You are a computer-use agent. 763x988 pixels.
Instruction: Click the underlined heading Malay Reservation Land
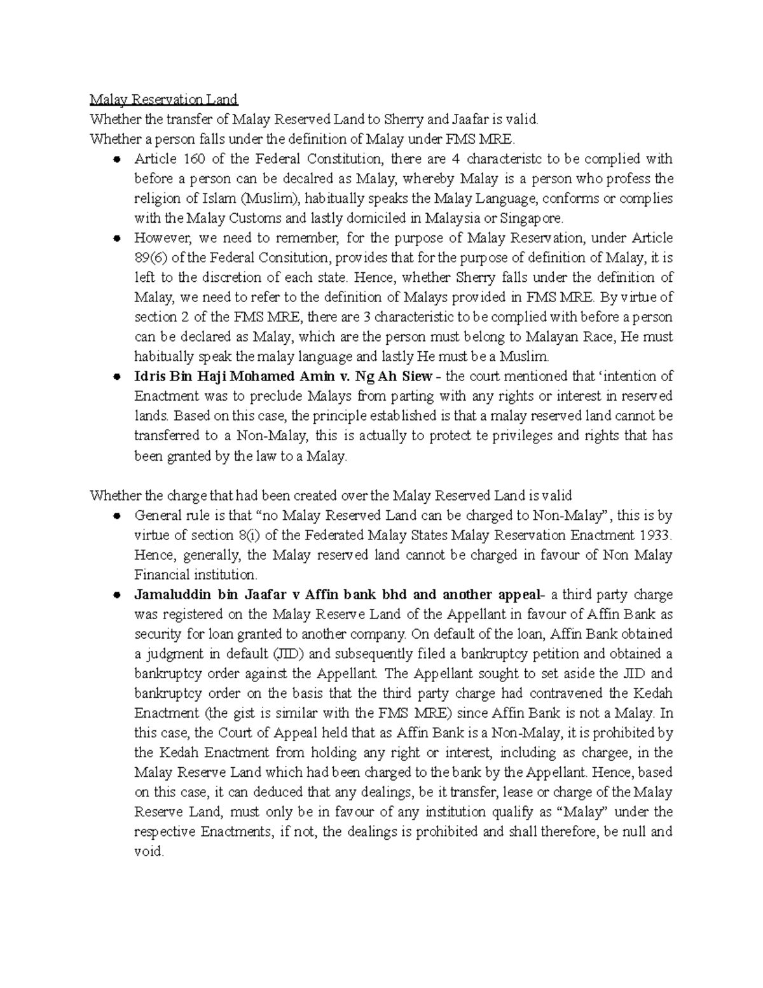click(x=163, y=99)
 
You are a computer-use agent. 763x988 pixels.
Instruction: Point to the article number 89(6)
click(x=149, y=258)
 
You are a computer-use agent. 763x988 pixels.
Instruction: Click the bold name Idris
click(x=149, y=376)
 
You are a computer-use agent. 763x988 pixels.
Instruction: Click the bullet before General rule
click(x=116, y=515)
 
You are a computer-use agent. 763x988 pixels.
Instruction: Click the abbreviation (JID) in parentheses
click(x=275, y=653)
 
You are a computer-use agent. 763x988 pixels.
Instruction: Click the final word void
click(x=148, y=851)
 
